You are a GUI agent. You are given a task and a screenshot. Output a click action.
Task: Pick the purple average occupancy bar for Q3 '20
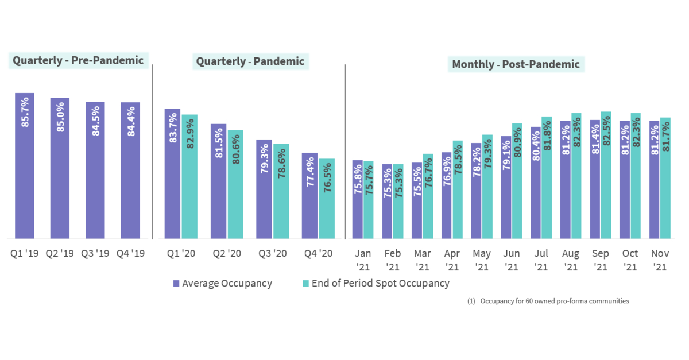(264, 189)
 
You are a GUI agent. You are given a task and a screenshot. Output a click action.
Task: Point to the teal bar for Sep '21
(606, 175)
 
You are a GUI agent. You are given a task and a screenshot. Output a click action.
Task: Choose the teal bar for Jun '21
(517, 181)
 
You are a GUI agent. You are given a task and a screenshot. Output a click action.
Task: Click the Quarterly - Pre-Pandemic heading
(78, 60)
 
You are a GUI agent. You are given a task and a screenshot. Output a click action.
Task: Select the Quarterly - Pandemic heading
(250, 61)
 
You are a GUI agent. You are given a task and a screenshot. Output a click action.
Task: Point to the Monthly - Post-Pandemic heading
(516, 64)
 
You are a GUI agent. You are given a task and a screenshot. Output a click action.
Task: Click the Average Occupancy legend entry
(222, 283)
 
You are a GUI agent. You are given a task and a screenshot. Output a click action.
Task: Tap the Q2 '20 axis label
(226, 253)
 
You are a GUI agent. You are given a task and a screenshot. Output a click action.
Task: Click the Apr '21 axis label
(452, 260)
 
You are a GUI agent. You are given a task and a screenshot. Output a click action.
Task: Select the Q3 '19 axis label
(95, 253)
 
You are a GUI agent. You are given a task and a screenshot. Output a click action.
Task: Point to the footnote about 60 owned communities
(549, 301)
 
